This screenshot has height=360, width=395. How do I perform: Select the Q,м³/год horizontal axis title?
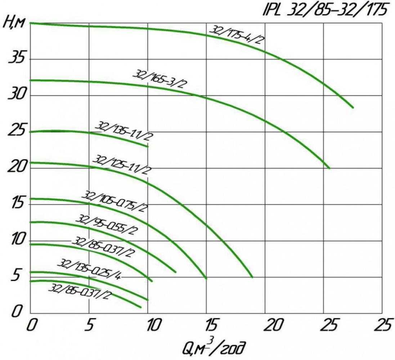pos(214,347)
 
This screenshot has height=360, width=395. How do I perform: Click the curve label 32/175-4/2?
pos(237,35)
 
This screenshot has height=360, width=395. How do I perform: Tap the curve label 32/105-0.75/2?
pos(115,201)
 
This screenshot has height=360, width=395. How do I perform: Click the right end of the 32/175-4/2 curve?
pos(353,107)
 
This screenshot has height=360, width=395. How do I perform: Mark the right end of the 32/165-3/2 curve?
pos(329,168)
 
